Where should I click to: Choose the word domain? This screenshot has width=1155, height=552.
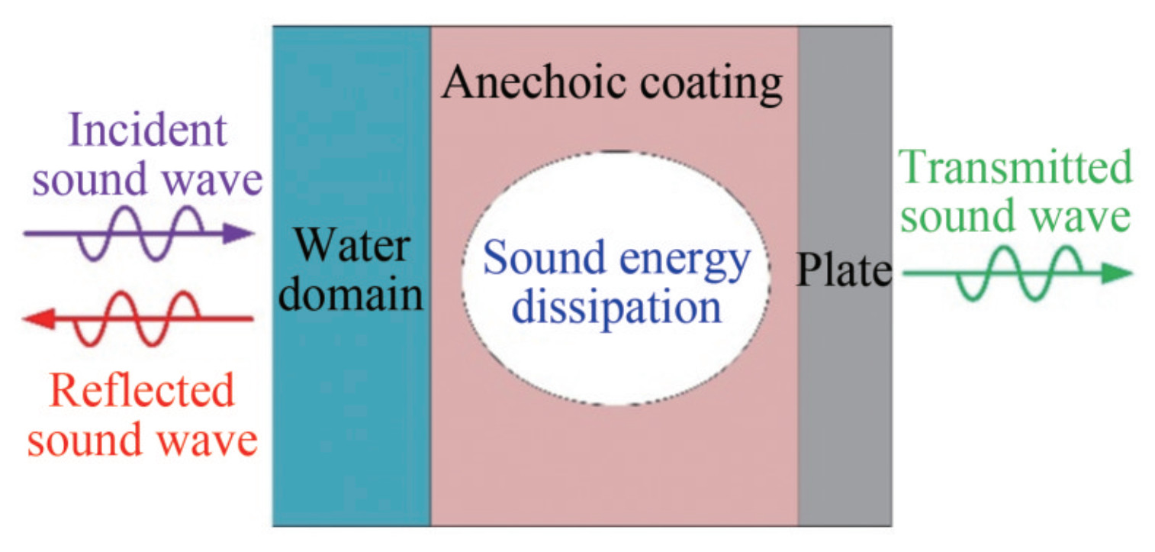350,295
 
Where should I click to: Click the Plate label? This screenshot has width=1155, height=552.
844,271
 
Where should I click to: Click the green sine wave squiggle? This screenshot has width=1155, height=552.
1018,273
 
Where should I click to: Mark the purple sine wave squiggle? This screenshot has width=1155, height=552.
141,234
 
